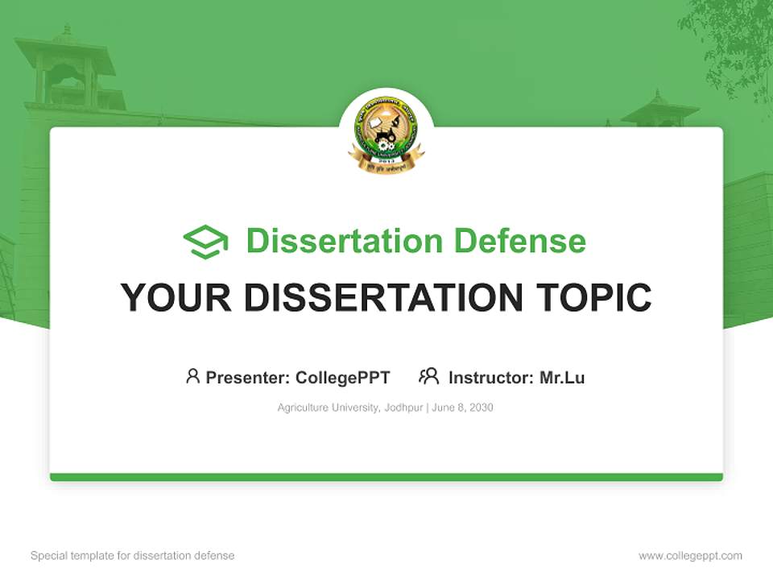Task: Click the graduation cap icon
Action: (205, 242)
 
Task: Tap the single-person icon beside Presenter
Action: (192, 376)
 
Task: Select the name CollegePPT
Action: (342, 377)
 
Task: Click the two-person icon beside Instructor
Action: (428, 376)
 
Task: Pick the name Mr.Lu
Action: (562, 377)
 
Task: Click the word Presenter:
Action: (247, 377)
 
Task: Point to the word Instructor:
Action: (491, 377)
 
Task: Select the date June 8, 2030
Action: (462, 408)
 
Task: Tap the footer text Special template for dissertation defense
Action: (132, 555)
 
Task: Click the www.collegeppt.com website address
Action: (690, 555)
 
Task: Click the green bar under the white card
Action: (386, 477)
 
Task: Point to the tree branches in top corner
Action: (729, 40)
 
